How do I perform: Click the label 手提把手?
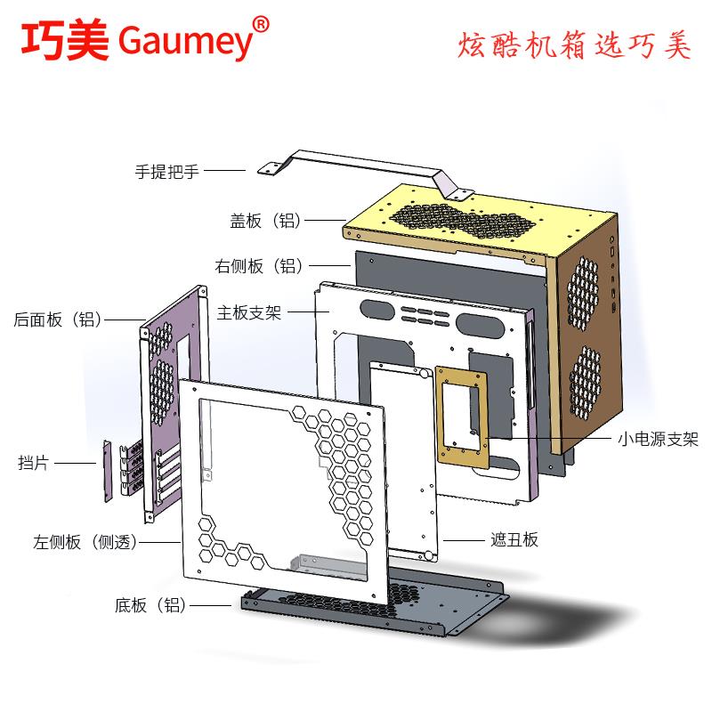[166, 171]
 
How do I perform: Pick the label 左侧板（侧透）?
[85, 542]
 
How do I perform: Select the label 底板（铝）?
[150, 606]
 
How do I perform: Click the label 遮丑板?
[514, 539]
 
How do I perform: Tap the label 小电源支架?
[659, 440]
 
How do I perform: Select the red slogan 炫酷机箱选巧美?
[573, 45]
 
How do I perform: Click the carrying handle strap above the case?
[365, 161]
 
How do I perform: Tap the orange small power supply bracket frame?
[463, 415]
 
